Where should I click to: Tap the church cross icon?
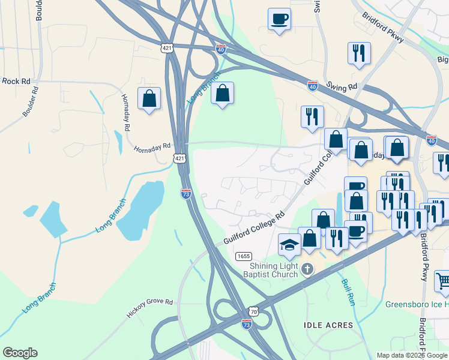pyautogui.click(x=307, y=269)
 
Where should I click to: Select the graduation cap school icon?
pyautogui.click(x=289, y=244)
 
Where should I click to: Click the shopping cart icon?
pyautogui.click(x=442, y=280)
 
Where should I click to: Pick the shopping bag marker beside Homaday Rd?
pyautogui.click(x=149, y=98)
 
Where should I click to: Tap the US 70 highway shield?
pyautogui.click(x=254, y=312)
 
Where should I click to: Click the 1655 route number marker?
pyautogui.click(x=243, y=256)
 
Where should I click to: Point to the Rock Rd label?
pyautogui.click(x=16, y=81)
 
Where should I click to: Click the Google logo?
pyautogui.click(x=20, y=353)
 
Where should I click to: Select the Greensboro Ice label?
pyautogui.click(x=416, y=303)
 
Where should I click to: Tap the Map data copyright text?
pyautogui.click(x=411, y=355)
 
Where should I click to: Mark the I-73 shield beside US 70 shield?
pyautogui.click(x=247, y=324)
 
